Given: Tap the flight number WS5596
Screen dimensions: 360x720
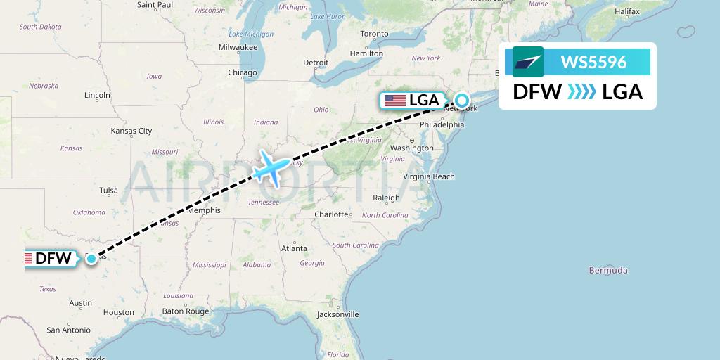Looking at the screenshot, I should pos(593,63).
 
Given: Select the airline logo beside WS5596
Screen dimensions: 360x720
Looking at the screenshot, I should pos(528,62).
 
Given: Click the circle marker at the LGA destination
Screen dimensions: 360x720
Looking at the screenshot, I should pos(461,100).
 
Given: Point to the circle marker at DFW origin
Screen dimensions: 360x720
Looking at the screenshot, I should pos(91,259).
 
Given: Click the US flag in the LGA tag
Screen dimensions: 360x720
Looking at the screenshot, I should pos(394,101).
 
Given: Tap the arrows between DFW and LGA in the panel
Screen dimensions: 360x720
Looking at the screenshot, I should pos(581,92).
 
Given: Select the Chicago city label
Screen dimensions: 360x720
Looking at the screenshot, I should pos(242,72).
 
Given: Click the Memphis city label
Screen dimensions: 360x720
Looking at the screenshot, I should pos(204,210).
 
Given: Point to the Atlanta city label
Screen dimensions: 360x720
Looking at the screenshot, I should pos(294,248).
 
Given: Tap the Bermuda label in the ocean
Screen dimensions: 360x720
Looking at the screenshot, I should pos(608,270).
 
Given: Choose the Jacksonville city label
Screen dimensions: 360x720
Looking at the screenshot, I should pos(337,314).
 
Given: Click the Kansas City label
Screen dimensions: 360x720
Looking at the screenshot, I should pos(131,131).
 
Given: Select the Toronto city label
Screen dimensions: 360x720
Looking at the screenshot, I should pos(374,34).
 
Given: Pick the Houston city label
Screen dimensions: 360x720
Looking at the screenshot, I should pos(118,312).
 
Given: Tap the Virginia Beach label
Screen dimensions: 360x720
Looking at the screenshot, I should pos(428,177).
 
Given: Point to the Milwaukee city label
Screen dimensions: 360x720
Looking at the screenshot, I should pos(238,47).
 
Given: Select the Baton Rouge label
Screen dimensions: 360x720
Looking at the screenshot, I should pos(186,311).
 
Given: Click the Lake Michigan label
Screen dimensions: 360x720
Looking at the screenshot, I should pos(251,34).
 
